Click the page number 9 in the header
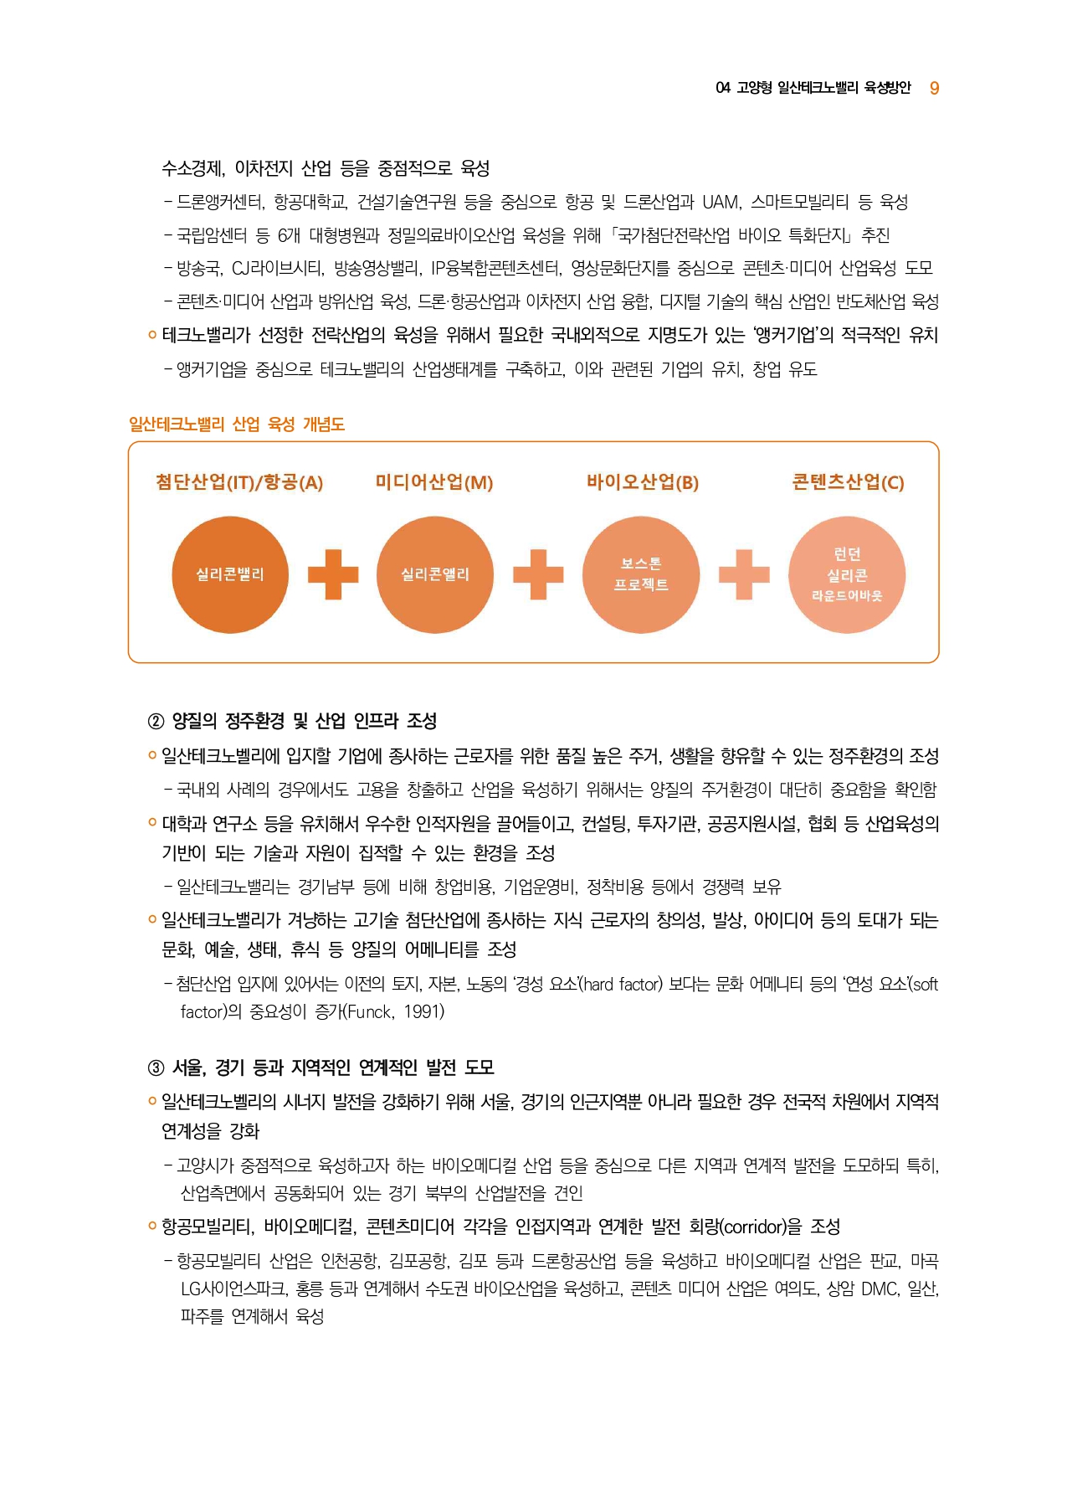pos(934,88)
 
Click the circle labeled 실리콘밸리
pos(230,574)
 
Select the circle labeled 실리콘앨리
pos(435,574)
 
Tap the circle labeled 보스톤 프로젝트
pos(641,574)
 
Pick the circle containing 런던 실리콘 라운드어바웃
pos(847,574)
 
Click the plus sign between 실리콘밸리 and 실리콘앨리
pos(333,574)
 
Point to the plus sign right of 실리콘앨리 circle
pos(538,574)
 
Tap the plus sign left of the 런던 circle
pos(744,574)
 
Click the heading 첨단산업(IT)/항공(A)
pos(239,482)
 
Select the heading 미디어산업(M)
pos(434,482)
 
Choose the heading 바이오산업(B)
pos(642,482)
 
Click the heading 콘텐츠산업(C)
pos(848,482)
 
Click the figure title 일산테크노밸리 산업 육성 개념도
pos(237,424)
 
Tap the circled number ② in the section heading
pos(156,722)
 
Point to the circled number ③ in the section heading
pos(156,1068)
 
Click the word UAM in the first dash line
pos(721,203)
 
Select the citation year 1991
pos(423,1012)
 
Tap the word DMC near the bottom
pos(879,1289)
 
